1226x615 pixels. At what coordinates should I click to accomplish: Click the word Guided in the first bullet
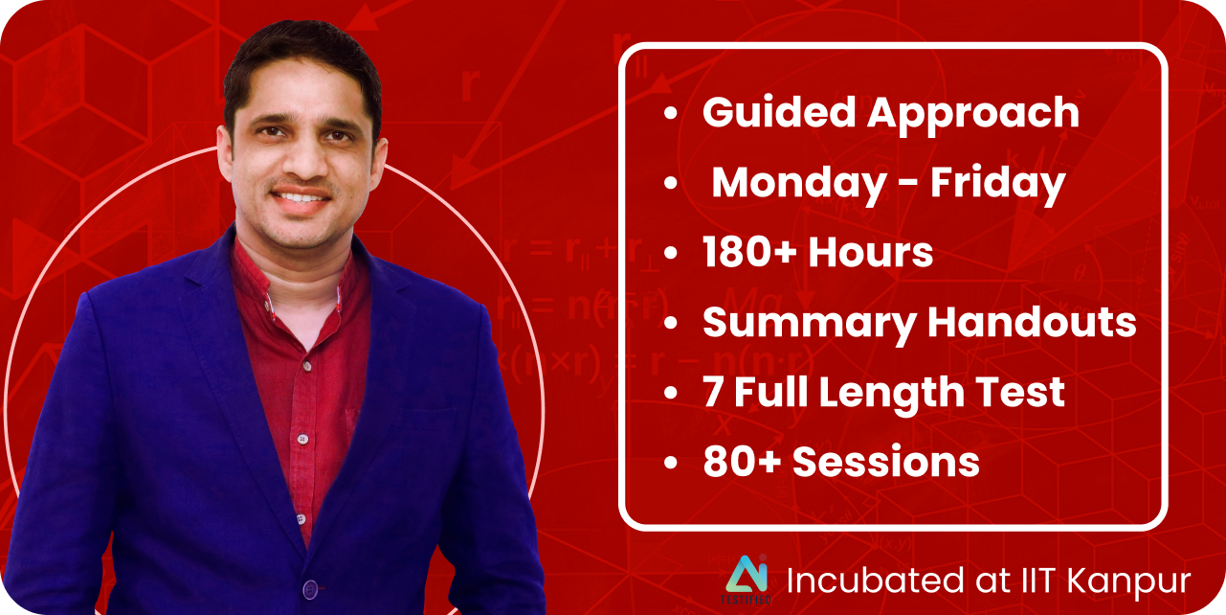(778, 112)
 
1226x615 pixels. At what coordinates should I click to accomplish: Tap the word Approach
(972, 116)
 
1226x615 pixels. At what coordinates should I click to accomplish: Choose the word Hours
(870, 252)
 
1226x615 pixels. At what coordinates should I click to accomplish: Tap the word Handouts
(1032, 321)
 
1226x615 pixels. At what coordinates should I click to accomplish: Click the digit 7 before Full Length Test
(713, 392)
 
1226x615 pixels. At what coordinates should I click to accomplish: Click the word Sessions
(885, 462)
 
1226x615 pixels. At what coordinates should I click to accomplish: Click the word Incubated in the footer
(875, 581)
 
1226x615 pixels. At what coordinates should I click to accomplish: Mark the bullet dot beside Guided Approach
(671, 113)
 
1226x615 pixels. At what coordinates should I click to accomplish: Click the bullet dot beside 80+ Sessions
(671, 463)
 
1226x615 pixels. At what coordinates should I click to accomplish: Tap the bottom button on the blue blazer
(311, 589)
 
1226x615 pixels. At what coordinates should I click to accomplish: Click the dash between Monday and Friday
(908, 185)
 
